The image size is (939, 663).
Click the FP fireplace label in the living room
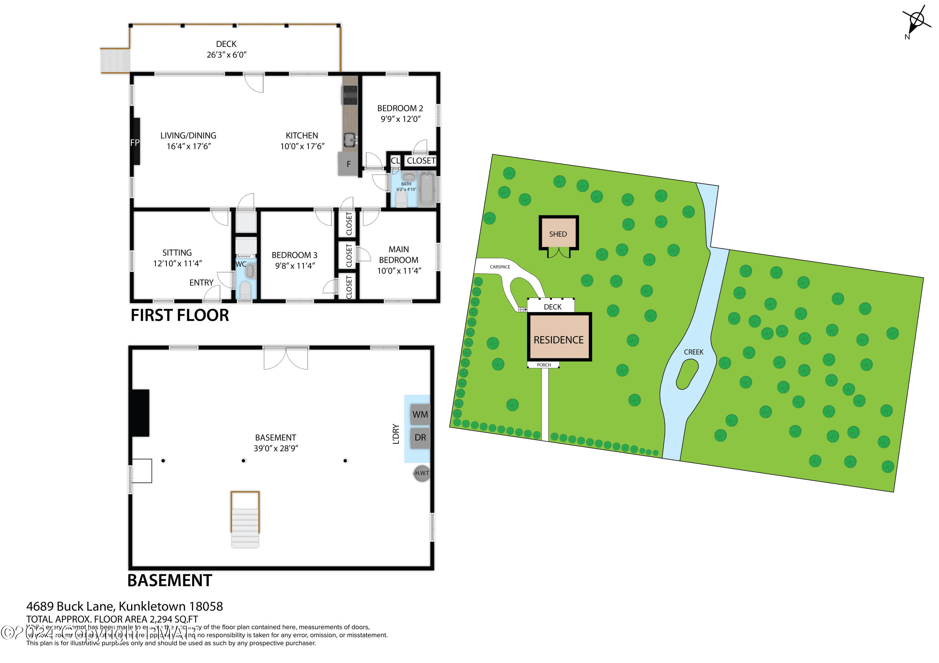135,143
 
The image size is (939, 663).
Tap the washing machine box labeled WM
420,414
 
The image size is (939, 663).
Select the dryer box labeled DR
420,438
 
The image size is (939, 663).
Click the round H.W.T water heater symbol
422,473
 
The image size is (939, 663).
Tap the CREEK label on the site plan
694,352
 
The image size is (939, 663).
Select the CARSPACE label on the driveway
500,267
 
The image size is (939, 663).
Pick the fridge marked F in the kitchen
348,164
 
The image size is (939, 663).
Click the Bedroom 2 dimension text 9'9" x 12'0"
400,119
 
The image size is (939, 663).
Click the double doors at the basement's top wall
285,358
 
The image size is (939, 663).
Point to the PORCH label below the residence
543,365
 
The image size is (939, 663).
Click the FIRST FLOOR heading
180,315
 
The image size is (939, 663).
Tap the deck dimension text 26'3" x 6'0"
226,55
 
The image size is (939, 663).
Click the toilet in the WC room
245,290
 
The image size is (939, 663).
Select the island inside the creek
687,374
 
